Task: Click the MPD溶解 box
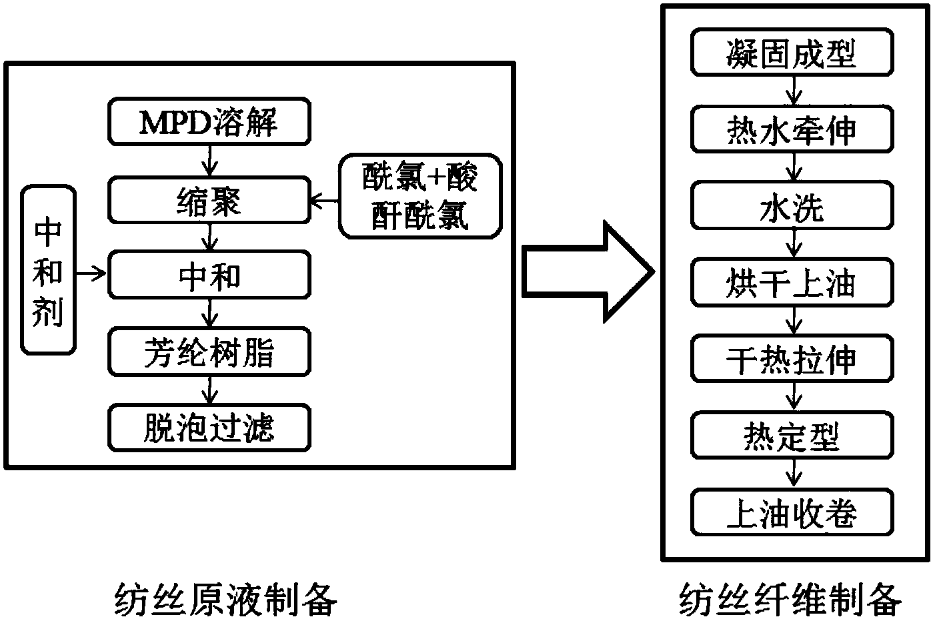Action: pos(209,122)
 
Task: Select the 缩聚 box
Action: pos(209,199)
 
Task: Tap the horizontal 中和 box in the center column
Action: pos(209,275)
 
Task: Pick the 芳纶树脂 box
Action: pos(209,352)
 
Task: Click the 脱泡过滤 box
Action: pos(209,428)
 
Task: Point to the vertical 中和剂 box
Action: pos(48,270)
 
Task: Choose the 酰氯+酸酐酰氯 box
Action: pos(420,197)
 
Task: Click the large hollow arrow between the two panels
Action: pos(586,271)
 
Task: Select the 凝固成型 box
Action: pos(792,52)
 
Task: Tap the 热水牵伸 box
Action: pos(792,129)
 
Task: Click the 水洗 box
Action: pos(792,206)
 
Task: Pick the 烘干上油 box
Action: pos(792,283)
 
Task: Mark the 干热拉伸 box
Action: pos(792,360)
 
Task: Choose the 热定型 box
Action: pos(792,436)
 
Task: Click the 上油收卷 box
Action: pos(792,513)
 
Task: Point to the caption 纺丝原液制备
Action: pos(226,598)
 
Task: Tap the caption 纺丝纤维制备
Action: pos(790,598)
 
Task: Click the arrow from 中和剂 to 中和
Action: pos(91,273)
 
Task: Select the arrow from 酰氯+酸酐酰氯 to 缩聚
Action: pos(324,199)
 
